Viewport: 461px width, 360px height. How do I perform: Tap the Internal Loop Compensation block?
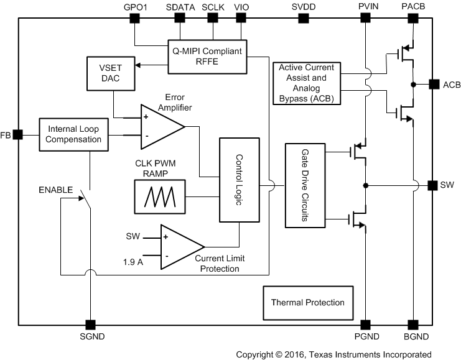[73, 134]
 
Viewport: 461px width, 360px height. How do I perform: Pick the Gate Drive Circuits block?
[305, 185]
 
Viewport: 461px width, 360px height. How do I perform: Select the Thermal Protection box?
[307, 303]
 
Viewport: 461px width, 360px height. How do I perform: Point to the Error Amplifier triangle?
[159, 126]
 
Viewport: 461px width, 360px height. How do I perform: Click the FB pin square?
[18, 134]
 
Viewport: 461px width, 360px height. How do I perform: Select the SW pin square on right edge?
[432, 185]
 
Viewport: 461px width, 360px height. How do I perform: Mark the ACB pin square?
[432, 84]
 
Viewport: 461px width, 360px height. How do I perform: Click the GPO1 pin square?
[134, 18]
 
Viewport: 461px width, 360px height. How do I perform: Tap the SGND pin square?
[90, 325]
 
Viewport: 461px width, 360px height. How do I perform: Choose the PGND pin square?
[365, 325]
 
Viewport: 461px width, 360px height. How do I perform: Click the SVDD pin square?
[303, 18]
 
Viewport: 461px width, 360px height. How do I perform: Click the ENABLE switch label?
[55, 189]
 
